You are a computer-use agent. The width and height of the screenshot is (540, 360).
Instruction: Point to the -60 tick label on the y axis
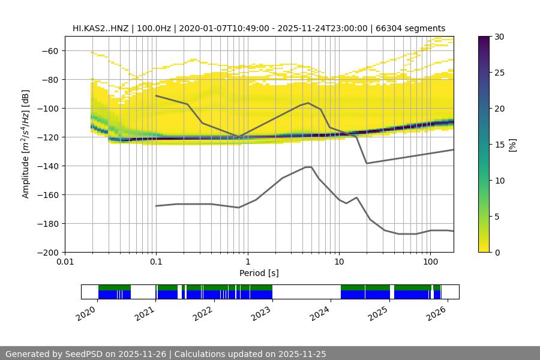coord(49,50)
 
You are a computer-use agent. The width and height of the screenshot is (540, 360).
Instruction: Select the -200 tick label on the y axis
coord(47,252)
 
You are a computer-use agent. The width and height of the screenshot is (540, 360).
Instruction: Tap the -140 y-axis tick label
coord(47,166)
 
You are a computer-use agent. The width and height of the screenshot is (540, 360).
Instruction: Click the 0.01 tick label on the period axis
coord(65,262)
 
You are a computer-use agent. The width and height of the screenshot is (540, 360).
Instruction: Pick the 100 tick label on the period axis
coord(430,262)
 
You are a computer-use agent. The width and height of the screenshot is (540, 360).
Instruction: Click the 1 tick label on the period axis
coord(248,262)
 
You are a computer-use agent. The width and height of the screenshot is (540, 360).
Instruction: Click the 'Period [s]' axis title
coord(259,273)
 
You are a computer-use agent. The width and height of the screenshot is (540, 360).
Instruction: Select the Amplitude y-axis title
coord(26,144)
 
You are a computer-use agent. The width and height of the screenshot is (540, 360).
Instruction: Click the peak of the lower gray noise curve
coord(308,167)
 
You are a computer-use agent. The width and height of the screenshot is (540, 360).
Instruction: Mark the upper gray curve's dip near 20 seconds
coord(367,163)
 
